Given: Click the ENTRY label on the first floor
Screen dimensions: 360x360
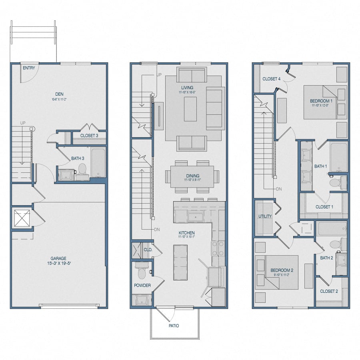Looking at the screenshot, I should [x=29, y=68].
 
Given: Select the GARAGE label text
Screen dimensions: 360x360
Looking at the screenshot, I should [x=58, y=258].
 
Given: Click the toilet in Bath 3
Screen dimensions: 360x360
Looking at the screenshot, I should [x=82, y=170].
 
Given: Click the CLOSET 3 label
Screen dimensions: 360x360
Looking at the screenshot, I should [x=89, y=136].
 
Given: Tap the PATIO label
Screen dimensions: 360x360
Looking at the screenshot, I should [x=174, y=326].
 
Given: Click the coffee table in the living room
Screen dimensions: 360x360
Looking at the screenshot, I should [x=190, y=109].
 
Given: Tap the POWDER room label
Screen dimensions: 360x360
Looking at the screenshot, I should [x=142, y=285].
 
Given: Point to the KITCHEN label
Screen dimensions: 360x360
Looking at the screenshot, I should [x=186, y=233].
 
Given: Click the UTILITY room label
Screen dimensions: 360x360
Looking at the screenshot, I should [x=265, y=216].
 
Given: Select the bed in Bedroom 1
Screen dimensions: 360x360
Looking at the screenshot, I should [x=320, y=102].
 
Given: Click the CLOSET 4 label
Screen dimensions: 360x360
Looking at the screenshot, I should [x=272, y=79].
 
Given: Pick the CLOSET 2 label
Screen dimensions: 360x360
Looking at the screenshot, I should [x=329, y=291].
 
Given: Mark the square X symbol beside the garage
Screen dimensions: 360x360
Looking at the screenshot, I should [x=22, y=218].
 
